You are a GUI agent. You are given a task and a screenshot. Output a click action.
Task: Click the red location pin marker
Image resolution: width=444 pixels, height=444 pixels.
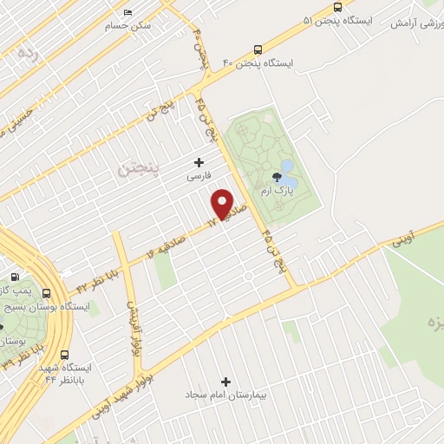point(223,203)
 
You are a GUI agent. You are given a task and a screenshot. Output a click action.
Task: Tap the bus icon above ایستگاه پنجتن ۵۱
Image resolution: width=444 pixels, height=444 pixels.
point(338,5)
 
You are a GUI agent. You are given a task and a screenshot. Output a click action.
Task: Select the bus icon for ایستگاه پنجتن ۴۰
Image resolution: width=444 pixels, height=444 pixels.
point(258,49)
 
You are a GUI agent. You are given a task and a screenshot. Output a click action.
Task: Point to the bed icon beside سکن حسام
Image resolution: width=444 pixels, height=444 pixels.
point(128,13)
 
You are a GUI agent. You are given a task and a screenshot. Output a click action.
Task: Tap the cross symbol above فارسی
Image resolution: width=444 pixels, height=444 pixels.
point(199,161)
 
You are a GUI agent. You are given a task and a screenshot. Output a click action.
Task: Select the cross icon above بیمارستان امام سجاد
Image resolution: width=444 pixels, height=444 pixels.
point(226,381)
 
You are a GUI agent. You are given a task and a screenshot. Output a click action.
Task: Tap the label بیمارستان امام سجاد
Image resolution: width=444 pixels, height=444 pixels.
point(225,395)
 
